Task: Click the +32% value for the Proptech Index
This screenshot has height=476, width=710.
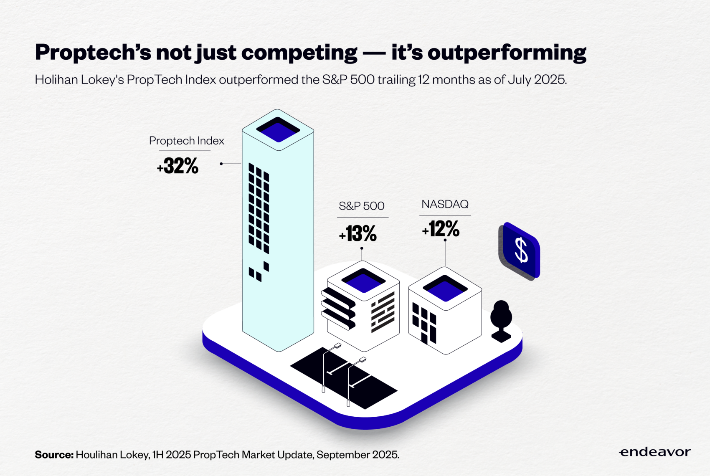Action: [177, 166]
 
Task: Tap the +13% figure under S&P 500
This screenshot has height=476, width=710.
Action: [358, 234]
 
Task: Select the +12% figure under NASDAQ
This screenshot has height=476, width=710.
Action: [440, 229]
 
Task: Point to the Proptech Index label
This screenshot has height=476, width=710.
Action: [186, 141]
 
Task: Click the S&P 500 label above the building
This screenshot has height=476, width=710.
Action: [361, 206]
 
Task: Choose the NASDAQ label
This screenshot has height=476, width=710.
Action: [445, 204]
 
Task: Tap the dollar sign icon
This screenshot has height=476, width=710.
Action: [520, 251]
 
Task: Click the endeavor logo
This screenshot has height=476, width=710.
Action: [655, 452]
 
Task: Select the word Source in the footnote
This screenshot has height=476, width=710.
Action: [54, 455]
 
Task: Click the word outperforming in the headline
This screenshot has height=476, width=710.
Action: [507, 53]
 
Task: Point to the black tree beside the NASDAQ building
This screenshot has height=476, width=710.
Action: [501, 321]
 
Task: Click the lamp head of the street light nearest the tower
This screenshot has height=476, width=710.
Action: [337, 345]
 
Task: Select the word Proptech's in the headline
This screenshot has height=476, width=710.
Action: [93, 53]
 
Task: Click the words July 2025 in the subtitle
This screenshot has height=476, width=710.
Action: [537, 80]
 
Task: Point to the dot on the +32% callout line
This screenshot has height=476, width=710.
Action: [221, 164]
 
